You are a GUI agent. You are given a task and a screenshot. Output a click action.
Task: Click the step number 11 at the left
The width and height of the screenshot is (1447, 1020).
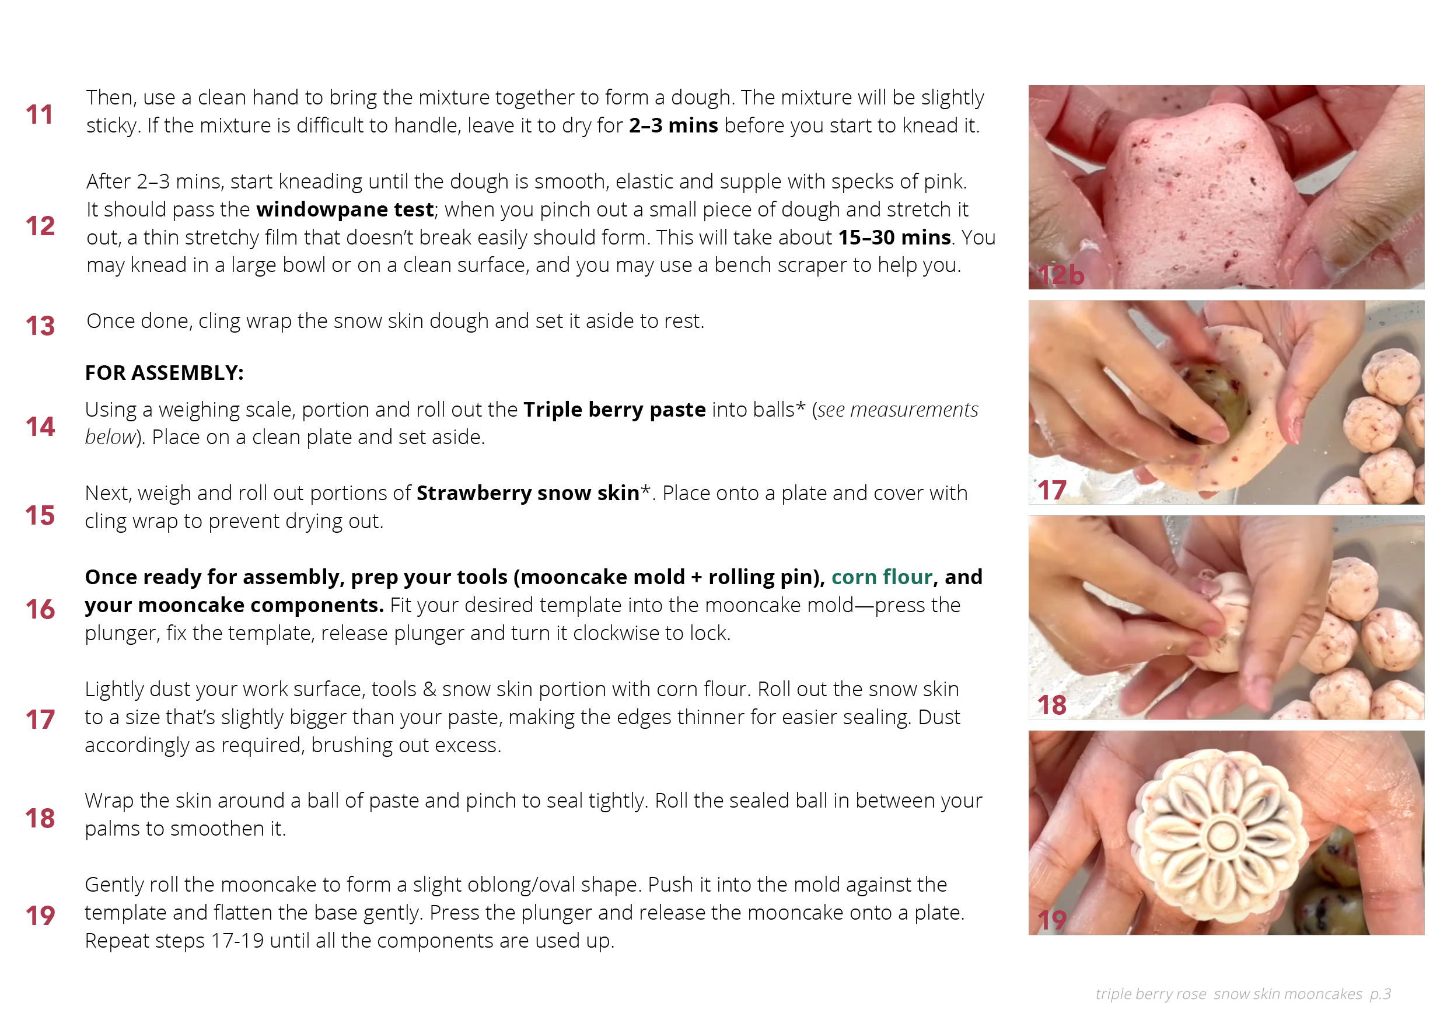pyautogui.click(x=39, y=115)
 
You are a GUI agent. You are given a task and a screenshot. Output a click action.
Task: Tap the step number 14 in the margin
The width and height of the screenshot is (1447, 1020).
pyautogui.click(x=40, y=427)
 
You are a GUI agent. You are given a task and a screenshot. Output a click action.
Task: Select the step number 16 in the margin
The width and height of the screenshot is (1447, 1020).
pyautogui.click(x=40, y=610)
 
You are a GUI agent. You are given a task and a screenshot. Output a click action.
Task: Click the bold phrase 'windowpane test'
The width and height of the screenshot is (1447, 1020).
pyautogui.click(x=345, y=209)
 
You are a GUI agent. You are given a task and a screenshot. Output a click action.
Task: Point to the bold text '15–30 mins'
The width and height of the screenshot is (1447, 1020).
pyautogui.click(x=894, y=237)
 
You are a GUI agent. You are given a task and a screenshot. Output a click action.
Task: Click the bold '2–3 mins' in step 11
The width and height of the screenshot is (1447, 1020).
pyautogui.click(x=673, y=125)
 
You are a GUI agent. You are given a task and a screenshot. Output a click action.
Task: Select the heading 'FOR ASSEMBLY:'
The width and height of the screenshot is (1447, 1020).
pyautogui.click(x=164, y=372)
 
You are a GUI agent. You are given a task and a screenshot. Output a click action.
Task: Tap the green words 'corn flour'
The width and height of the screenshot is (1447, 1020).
pyautogui.click(x=882, y=577)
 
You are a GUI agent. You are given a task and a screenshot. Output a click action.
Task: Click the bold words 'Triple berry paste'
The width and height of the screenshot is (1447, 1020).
pyautogui.click(x=614, y=410)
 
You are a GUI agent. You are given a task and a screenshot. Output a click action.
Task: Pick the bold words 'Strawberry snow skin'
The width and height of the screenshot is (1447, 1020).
pyautogui.click(x=528, y=493)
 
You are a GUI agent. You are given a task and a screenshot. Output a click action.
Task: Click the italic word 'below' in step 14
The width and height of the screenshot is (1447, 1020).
pyautogui.click(x=110, y=437)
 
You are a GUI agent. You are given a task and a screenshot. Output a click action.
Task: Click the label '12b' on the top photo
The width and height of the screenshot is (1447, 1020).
pyautogui.click(x=1060, y=275)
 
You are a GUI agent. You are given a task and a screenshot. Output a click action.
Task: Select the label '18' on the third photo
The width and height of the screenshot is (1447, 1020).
pyautogui.click(x=1051, y=705)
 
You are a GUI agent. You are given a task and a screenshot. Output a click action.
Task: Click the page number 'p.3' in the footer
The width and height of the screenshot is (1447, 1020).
pyautogui.click(x=1380, y=994)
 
